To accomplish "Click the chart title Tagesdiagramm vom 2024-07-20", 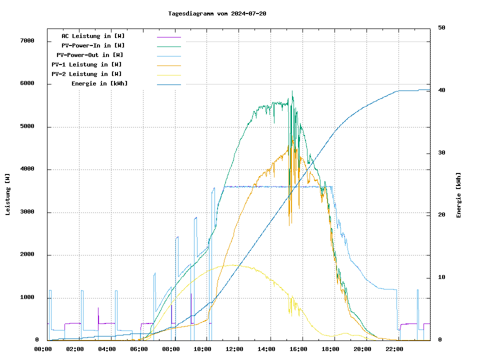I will point(217,13).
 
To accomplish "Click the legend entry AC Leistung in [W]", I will point(93,36).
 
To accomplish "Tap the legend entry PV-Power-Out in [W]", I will point(90,55).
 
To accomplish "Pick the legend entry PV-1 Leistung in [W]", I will point(86,64).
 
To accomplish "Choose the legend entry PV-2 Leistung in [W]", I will point(86,74).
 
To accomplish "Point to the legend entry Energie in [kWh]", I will point(99,83).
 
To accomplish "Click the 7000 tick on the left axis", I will point(27,41).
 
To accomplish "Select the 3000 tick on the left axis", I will point(27,212).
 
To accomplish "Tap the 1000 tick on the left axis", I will point(27,298).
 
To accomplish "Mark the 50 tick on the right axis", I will point(441,28).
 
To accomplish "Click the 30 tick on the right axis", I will point(441,153).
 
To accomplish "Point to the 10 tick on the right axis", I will point(441,277).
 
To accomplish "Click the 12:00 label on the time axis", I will point(235,349).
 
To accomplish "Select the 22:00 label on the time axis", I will point(394,349).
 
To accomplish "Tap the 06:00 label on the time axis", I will point(139,349).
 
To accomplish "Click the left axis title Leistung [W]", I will point(8,194).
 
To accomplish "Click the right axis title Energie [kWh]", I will point(458,195).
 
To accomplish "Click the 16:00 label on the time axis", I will point(299,349).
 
